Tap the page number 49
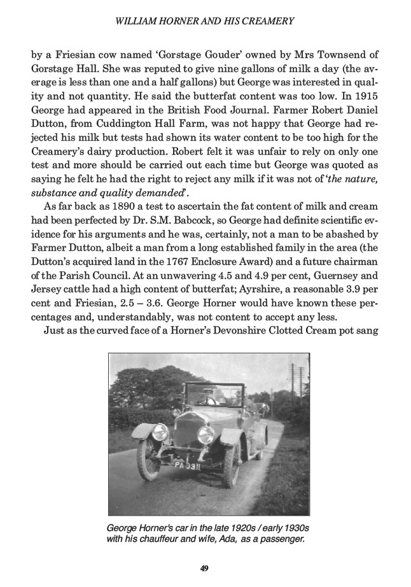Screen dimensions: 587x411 [x=205, y=569]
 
